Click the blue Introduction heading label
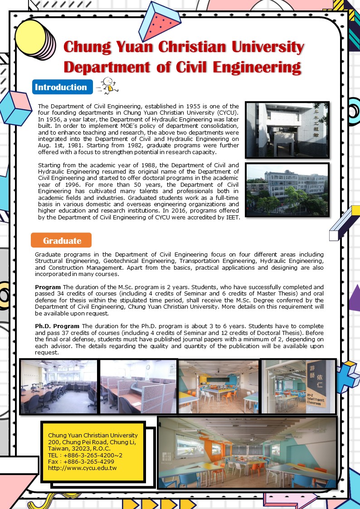(61, 87)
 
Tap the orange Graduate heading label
(61, 240)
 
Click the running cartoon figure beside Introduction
(107, 86)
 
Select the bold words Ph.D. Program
(57, 326)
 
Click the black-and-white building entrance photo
(287, 130)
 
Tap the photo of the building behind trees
(287, 190)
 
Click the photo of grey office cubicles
(138, 386)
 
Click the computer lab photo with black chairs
(59, 386)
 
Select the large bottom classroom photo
(248, 452)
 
